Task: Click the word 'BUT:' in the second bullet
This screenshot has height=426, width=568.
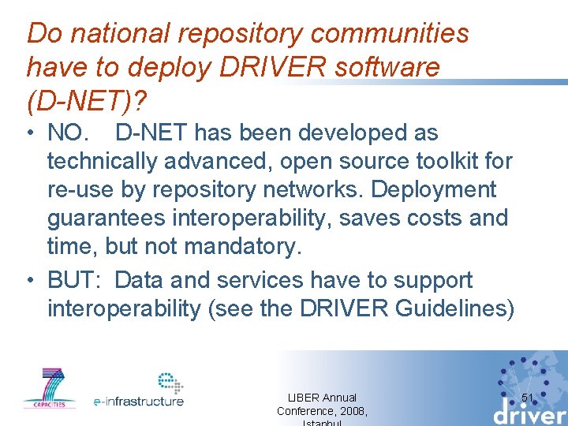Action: click(x=74, y=280)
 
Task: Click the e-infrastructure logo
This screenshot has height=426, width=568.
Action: click(x=140, y=390)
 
